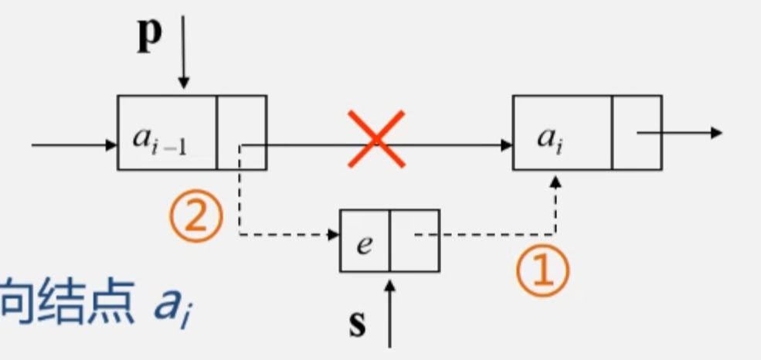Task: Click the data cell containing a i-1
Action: coord(167,133)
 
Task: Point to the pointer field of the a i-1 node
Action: coord(242,133)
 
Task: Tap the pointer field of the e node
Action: coord(415,240)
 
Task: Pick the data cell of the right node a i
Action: coord(562,133)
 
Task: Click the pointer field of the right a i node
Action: coord(637,133)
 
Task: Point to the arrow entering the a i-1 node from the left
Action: coord(73,144)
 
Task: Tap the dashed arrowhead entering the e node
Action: coord(334,233)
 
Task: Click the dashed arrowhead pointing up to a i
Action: coord(555,182)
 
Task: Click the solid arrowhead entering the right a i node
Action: coord(507,144)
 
